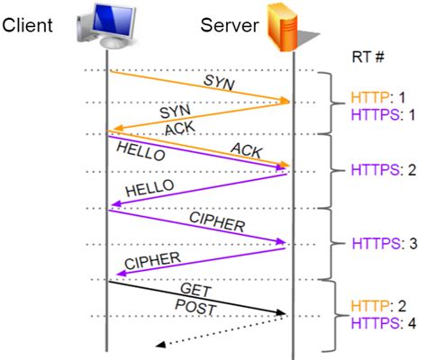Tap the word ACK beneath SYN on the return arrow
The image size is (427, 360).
[180, 127]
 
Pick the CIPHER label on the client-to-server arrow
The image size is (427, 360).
[216, 220]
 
